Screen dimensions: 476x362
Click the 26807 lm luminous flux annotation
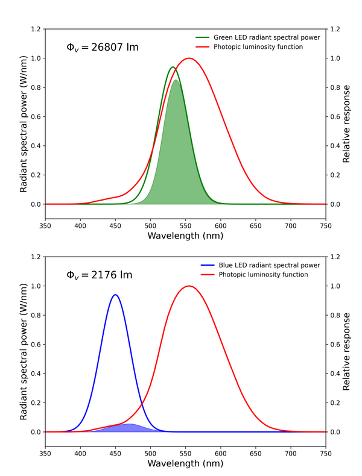point(103,47)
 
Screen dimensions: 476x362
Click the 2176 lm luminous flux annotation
point(99,275)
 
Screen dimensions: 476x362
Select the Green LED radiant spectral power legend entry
point(266,37)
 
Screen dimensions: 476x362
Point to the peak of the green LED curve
point(173,67)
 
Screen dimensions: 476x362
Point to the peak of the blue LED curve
point(115,295)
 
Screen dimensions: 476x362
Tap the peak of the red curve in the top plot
point(189,58)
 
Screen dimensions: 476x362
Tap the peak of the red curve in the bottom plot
point(189,286)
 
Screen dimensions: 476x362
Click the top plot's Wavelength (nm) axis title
point(185,236)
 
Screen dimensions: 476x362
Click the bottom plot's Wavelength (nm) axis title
point(185,464)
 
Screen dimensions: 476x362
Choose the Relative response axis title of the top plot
point(347,116)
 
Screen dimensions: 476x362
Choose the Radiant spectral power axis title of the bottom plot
point(24,344)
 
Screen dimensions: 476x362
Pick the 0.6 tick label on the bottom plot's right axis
point(335,345)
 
